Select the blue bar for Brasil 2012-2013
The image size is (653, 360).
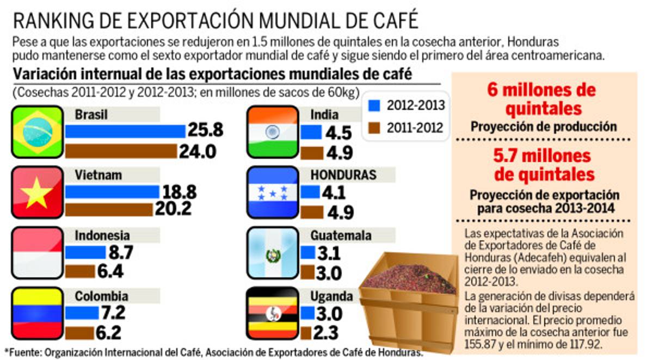125,132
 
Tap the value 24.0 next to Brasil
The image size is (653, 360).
198,151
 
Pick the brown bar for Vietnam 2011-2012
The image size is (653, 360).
109,209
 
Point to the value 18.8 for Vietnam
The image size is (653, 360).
179,193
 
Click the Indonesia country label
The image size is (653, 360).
102,235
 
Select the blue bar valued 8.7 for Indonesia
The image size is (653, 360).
85,252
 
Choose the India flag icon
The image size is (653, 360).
273,132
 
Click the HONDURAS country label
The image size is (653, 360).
343,175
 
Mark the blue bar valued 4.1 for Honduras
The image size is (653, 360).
310,192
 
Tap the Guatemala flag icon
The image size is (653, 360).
273,253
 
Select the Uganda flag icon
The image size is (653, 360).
273,314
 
